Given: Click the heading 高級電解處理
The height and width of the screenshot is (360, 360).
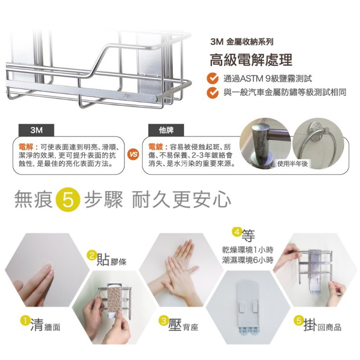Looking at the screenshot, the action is (251, 60).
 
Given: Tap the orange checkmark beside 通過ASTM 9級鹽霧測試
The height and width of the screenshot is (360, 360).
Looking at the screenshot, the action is (212, 78).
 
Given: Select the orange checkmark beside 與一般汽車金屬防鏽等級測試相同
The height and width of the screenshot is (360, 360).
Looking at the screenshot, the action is (212, 93).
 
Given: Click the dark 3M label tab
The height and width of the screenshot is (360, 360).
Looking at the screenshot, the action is (36, 130).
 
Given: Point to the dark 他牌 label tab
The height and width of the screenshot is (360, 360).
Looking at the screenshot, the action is (166, 130).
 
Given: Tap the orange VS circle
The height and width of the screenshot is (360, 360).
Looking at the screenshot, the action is (133, 154).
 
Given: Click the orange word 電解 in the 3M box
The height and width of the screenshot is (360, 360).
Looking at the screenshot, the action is (26, 147).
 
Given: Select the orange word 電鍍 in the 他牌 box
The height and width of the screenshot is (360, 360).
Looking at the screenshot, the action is (155, 147).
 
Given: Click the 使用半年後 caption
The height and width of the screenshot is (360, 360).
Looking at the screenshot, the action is (292, 164).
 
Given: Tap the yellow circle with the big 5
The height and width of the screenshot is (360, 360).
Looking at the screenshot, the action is (68, 199).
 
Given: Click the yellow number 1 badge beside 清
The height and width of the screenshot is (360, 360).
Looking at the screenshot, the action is (25, 321).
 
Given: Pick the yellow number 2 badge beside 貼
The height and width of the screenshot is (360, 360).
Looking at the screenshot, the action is (92, 256).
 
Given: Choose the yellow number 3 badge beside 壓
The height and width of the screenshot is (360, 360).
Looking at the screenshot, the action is (163, 321).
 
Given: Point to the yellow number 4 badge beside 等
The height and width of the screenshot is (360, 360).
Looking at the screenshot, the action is (237, 232).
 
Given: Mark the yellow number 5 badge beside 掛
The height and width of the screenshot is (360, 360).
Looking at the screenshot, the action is (299, 320).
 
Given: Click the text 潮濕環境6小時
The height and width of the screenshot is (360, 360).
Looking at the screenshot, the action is (248, 260).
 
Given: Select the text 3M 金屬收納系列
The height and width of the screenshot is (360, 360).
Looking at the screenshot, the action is (242, 42).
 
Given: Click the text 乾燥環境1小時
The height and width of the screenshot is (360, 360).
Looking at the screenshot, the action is (248, 250).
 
